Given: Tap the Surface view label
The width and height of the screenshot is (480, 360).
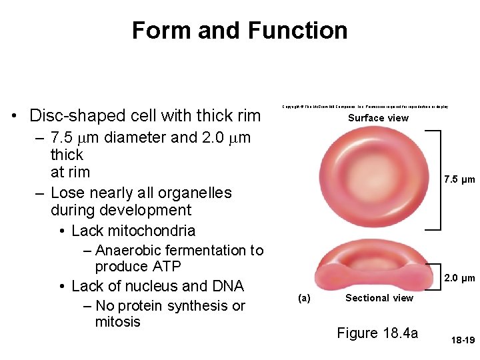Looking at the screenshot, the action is point(378,118).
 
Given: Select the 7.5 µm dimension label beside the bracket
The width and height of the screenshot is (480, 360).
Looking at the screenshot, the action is point(459,179).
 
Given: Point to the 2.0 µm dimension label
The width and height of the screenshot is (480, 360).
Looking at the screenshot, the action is point(459,278).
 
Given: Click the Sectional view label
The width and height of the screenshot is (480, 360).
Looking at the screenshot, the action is point(379,298).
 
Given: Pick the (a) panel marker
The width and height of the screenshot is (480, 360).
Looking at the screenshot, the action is point(303,298).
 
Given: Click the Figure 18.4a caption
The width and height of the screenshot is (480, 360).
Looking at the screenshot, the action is point(377,333).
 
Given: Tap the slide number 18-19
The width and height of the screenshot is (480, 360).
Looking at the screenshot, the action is point(462,340).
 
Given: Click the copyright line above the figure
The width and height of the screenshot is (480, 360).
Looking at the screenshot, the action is point(365,107).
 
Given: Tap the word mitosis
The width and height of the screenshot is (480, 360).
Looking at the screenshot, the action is point(118,322).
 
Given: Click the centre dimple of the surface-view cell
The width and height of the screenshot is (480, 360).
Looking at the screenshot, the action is point(376,178).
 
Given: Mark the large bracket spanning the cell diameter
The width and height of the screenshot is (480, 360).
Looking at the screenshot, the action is point(433,179).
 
